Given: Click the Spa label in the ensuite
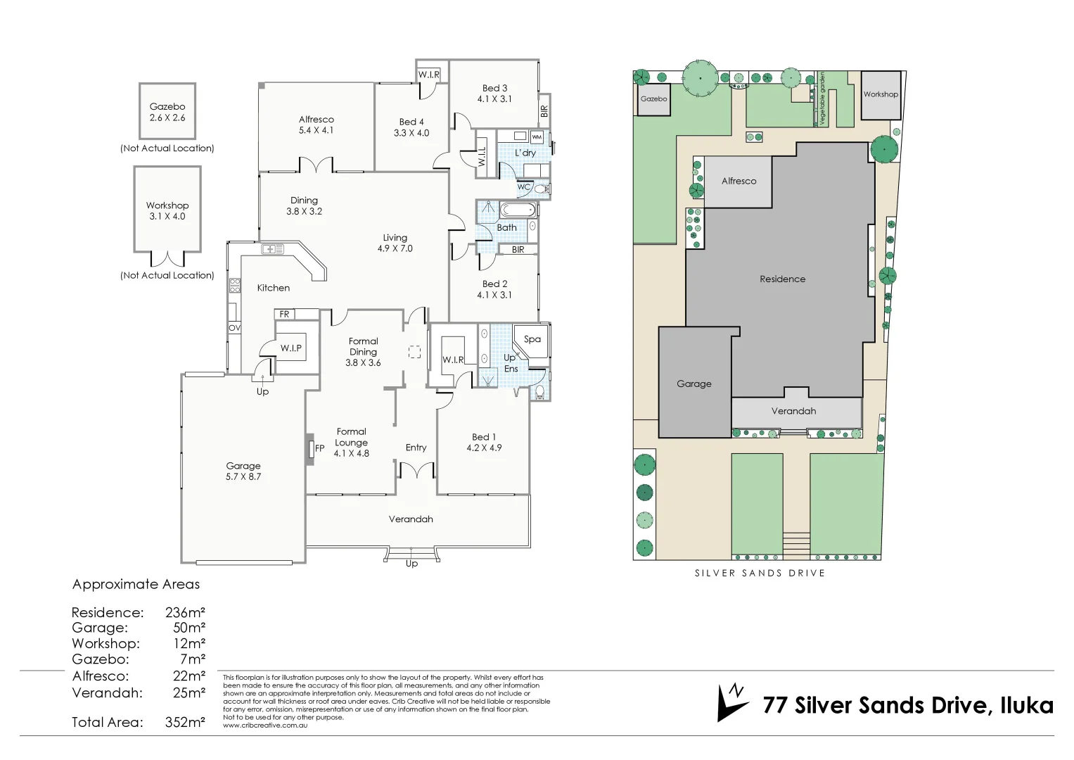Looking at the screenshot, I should click(532, 339).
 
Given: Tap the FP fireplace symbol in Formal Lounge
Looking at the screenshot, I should click(311, 448).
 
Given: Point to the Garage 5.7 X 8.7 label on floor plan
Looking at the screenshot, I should click(243, 471).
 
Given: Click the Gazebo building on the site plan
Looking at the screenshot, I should click(653, 99).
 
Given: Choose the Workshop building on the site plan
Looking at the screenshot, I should click(881, 94).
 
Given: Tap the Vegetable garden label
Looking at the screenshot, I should click(822, 99).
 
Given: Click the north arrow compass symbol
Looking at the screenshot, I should click(731, 702).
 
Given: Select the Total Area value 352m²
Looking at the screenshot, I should click(185, 722).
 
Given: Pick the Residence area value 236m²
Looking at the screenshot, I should click(185, 612).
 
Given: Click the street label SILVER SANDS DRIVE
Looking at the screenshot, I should click(760, 573).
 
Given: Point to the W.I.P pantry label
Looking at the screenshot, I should click(290, 348).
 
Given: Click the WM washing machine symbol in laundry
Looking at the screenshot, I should click(537, 137).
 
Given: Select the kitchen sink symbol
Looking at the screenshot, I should click(272, 249).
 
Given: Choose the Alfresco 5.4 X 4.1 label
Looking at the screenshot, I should click(317, 125).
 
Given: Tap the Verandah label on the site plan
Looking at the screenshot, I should click(793, 411).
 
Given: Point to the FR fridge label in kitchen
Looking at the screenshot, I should click(284, 314).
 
